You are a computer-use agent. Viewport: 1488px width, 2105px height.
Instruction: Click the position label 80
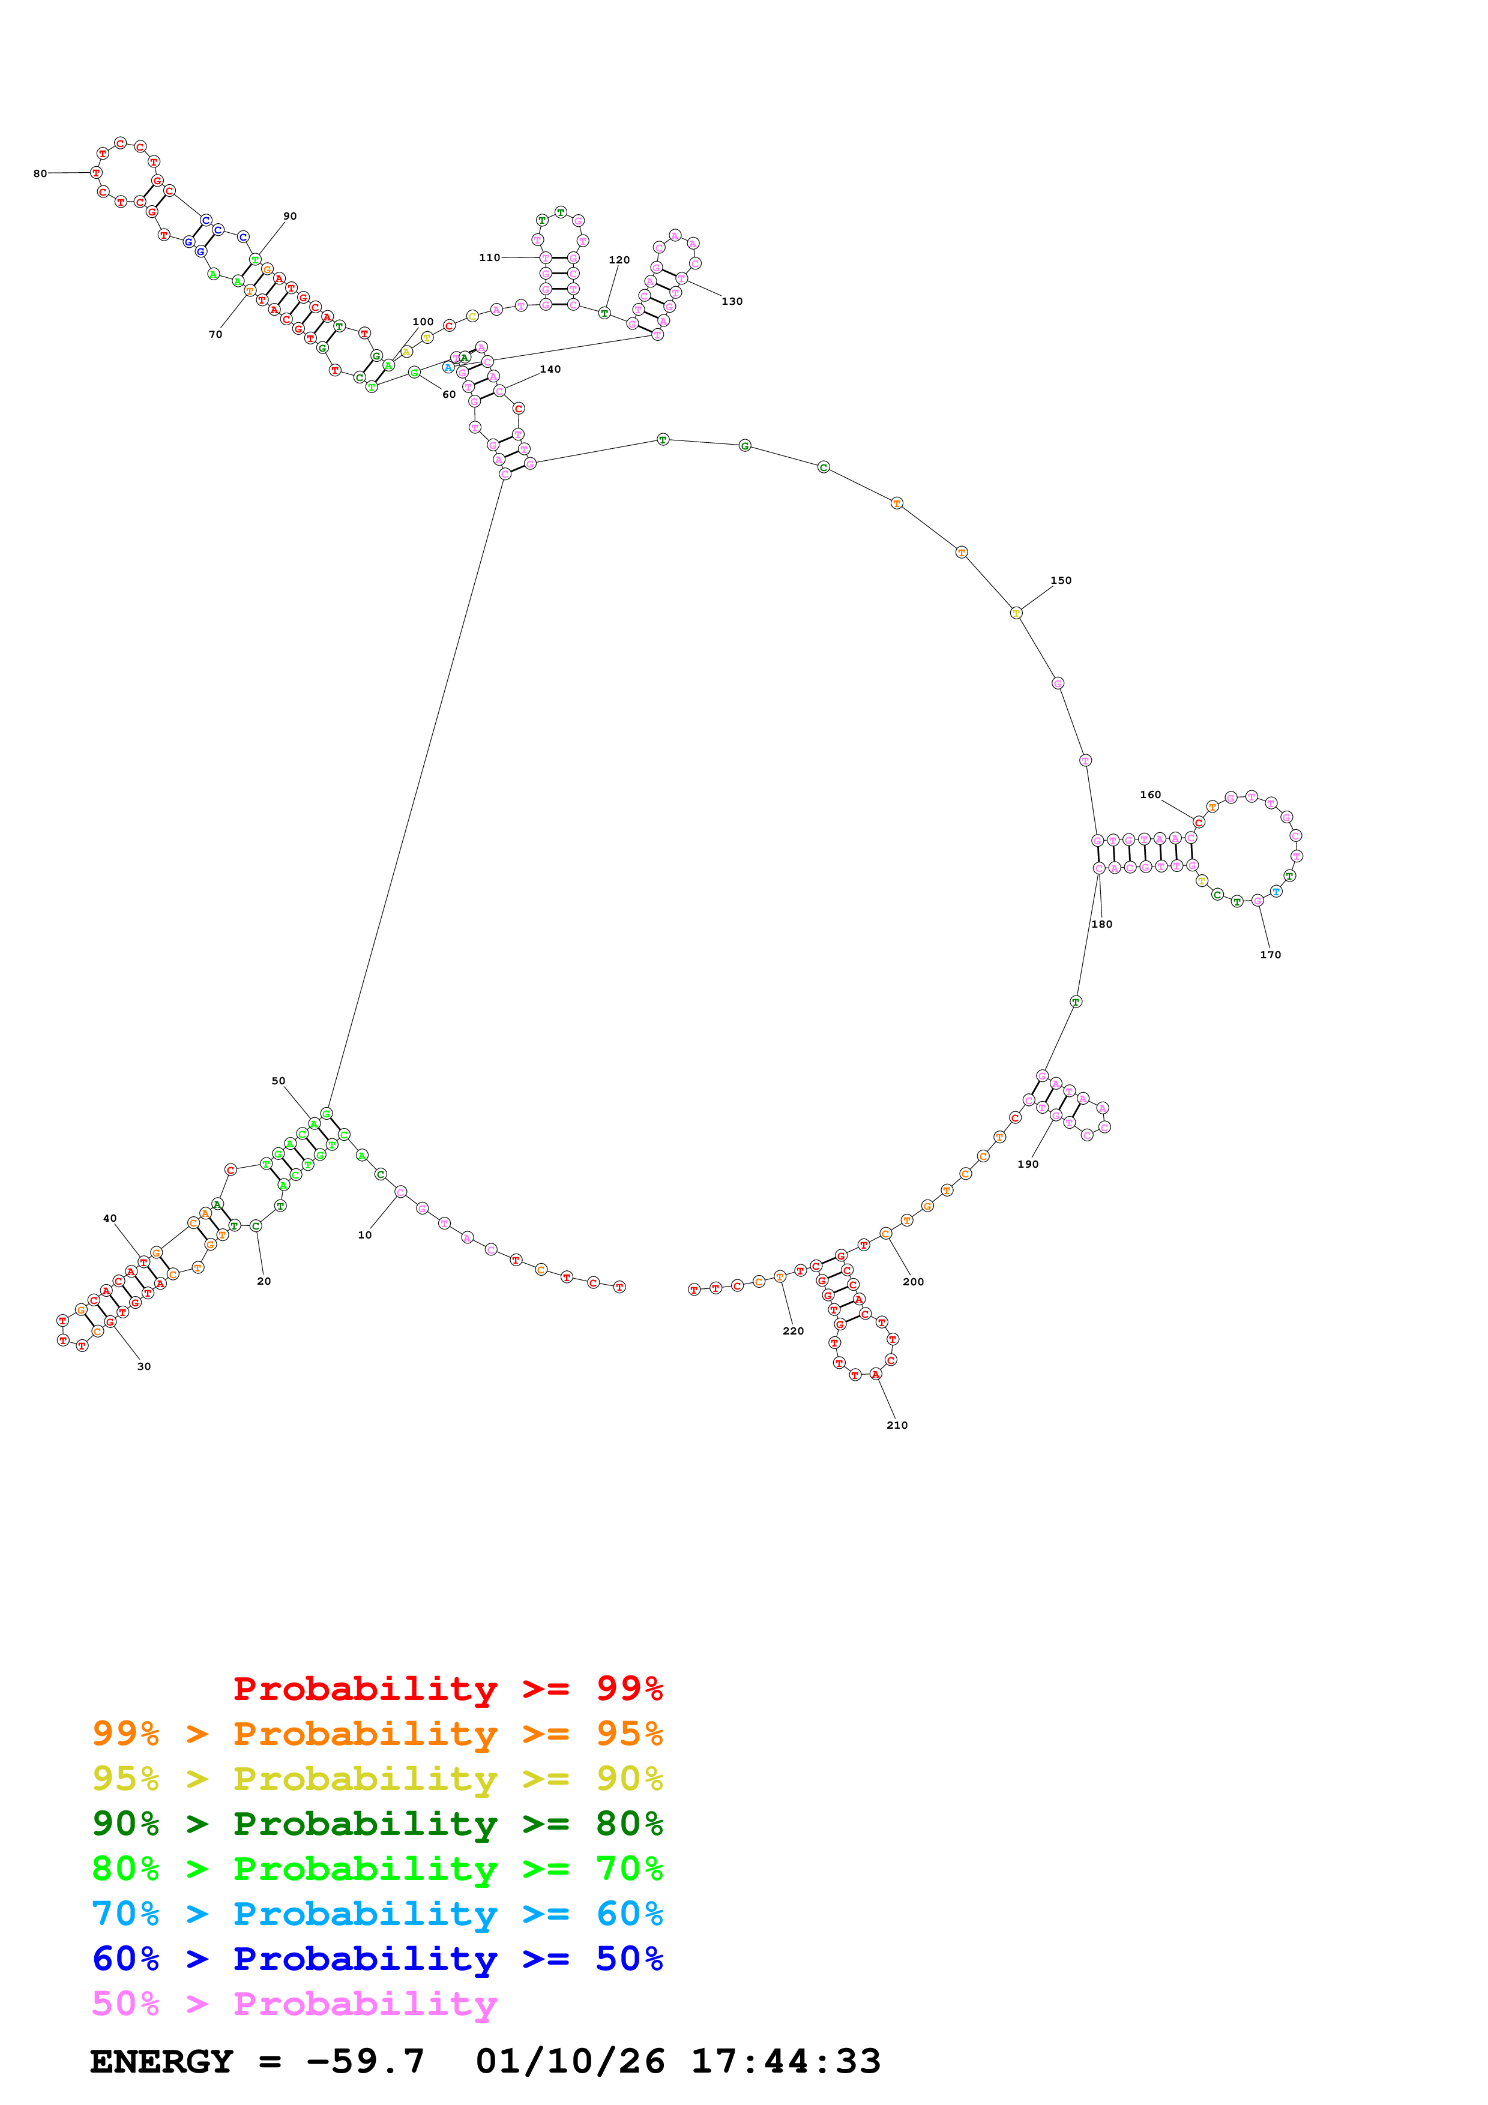click(x=40, y=173)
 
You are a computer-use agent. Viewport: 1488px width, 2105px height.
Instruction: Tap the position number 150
click(x=1061, y=580)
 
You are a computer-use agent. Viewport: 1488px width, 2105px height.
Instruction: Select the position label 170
click(x=1270, y=955)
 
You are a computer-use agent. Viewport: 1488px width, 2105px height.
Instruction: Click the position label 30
click(x=144, y=1366)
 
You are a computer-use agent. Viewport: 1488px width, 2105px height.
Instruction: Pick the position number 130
click(x=732, y=302)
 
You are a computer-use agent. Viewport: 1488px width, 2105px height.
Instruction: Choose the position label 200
click(x=913, y=1282)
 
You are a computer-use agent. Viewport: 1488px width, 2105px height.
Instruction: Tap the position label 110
click(x=490, y=257)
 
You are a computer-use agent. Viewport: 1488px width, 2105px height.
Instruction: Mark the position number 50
click(x=278, y=1081)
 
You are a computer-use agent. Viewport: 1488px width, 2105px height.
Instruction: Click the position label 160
click(x=1149, y=795)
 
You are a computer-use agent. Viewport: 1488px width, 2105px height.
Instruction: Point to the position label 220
click(x=793, y=1331)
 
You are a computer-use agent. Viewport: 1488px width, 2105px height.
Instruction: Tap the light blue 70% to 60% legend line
click(x=377, y=1914)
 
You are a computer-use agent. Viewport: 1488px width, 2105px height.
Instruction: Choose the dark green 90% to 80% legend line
click(x=377, y=1824)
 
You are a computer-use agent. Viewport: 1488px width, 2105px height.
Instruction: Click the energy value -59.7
click(x=365, y=2061)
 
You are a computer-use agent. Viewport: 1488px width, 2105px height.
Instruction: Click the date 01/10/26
click(x=570, y=2061)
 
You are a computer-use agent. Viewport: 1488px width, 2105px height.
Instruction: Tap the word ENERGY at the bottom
click(x=161, y=2061)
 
